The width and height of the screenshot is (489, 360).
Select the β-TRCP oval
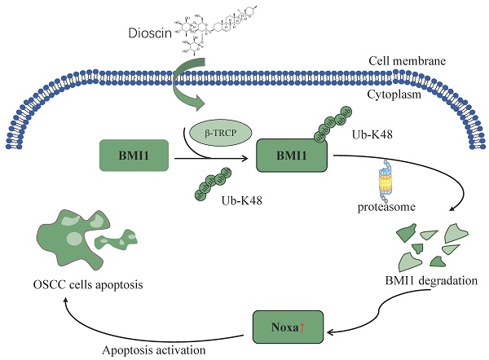point(218,131)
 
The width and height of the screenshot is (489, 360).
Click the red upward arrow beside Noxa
point(303,327)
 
